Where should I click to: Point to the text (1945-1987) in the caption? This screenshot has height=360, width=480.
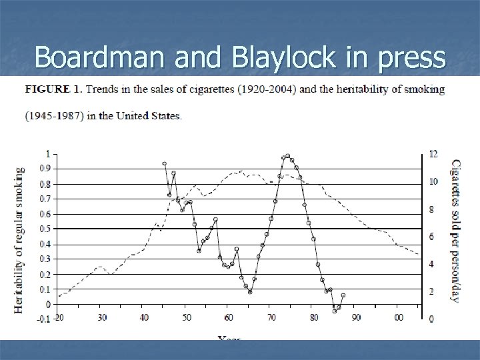[x=46, y=115]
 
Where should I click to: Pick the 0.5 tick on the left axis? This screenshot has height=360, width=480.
[x=47, y=229]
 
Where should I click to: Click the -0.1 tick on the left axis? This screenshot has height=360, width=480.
[x=44, y=319]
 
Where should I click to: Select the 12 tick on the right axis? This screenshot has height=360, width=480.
[x=433, y=154]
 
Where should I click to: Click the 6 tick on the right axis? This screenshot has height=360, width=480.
[x=431, y=237]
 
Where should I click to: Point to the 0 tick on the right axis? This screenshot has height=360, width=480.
[x=431, y=319]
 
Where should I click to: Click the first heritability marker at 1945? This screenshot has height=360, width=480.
[x=164, y=163]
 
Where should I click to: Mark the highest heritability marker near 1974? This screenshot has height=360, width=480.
[x=287, y=156]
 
